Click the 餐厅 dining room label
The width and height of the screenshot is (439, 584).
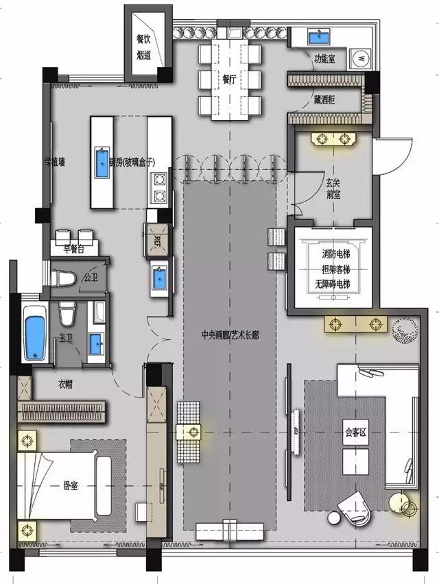(229, 79)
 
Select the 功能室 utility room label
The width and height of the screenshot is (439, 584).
(324, 60)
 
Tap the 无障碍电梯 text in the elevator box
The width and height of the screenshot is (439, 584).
(332, 284)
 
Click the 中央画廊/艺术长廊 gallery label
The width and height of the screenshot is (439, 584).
(230, 336)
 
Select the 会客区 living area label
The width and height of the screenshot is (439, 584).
(357, 433)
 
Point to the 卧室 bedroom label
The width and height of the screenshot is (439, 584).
(71, 485)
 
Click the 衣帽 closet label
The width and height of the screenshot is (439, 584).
(65, 385)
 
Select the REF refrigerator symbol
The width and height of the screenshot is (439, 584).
(156, 240)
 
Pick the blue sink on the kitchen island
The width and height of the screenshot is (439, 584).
(101, 162)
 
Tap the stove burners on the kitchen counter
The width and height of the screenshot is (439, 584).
(160, 188)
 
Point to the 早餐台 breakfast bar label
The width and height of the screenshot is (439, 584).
(75, 250)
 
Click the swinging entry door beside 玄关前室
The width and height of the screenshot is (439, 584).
(392, 156)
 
